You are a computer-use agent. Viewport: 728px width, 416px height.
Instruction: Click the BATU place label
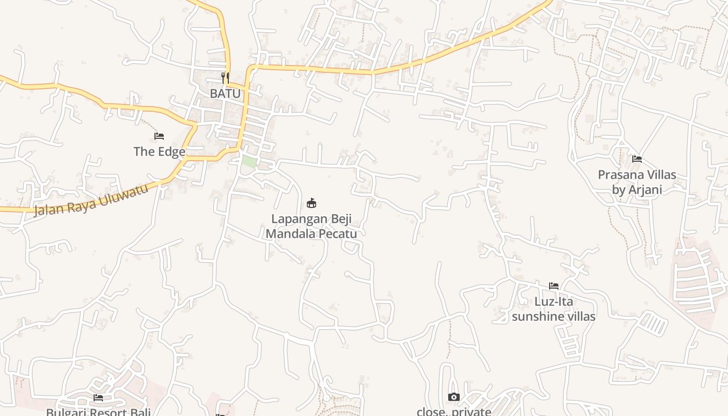pos(225,94)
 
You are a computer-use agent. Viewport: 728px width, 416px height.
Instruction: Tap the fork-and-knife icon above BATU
pos(225,78)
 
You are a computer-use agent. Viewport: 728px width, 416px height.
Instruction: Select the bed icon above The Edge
pos(159,136)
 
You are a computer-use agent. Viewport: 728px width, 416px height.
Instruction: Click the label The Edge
pos(159,151)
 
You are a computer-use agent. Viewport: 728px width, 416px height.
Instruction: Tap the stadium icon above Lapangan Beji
pos(311,203)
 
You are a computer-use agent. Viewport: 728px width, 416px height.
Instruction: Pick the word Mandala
pos(288,233)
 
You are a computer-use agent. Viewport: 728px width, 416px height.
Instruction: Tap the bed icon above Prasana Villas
pos(637,159)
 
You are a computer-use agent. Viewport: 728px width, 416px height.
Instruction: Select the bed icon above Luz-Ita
pos(554,286)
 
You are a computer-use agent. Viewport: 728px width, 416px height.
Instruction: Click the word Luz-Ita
pos(554,302)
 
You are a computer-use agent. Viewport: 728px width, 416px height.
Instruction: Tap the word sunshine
pos(536,316)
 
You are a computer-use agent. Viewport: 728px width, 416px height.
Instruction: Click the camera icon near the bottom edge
pos(454,397)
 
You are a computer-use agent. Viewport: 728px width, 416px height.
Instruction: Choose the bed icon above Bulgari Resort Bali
pos(98,398)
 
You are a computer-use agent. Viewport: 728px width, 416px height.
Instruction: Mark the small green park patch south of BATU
pos(249,161)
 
